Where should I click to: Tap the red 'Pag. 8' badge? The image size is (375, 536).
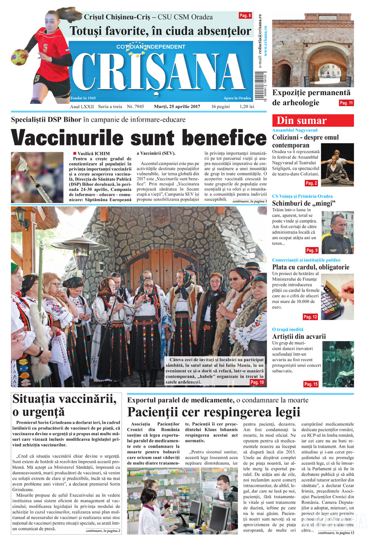click(x=245, y=16)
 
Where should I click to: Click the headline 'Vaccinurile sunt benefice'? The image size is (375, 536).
click(x=132, y=138)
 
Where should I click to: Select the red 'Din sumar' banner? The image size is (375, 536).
click(x=313, y=121)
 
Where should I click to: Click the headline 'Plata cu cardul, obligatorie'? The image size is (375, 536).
click(x=311, y=267)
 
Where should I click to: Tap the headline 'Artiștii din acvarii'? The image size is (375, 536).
click(x=299, y=337)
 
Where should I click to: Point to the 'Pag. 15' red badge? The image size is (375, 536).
click(x=311, y=384)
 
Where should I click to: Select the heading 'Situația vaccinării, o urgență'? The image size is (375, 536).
click(x=64, y=405)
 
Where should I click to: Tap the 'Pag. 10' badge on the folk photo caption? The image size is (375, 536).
click(x=257, y=382)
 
